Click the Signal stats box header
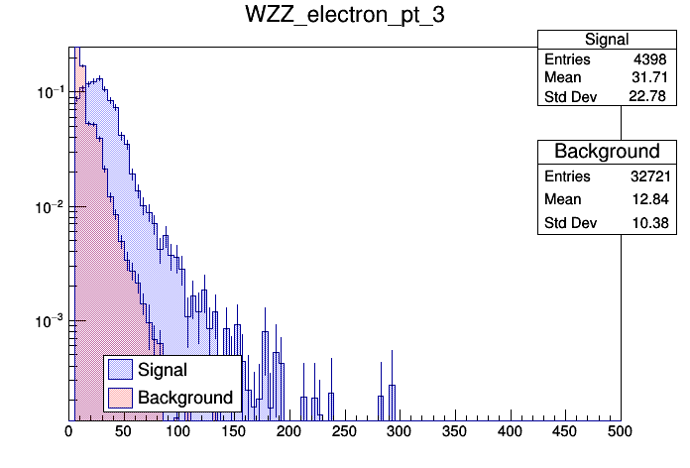click(607, 40)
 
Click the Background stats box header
click(607, 151)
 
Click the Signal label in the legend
click(163, 370)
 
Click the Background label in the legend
click(185, 398)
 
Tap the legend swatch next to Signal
click(121, 370)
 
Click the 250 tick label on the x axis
click(344, 431)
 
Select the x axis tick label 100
click(178, 431)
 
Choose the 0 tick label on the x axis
click(68, 431)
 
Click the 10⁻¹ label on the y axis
click(48, 92)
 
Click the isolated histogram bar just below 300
click(393, 403)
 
